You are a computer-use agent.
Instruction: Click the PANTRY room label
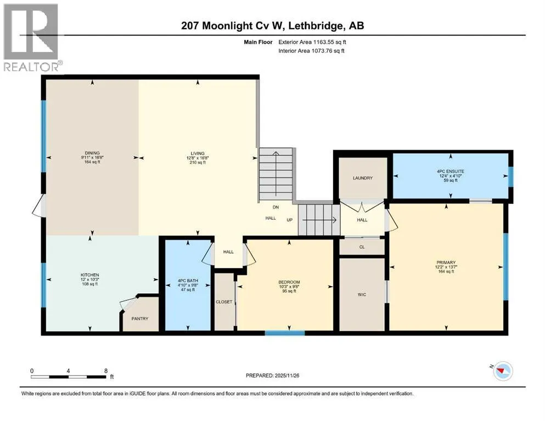coord(140,318)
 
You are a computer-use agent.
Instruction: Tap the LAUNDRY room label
coord(363,178)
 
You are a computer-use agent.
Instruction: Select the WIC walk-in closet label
coord(362,295)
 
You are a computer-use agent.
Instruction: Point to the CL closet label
coord(362,247)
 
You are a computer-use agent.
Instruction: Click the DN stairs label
coord(276,207)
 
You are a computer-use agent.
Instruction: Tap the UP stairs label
coord(290,220)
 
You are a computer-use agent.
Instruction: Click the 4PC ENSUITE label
coord(451,172)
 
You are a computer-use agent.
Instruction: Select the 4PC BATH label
coord(188,281)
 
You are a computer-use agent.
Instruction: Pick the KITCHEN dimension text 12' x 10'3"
coord(89,280)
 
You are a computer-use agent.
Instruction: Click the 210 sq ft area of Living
coord(198,162)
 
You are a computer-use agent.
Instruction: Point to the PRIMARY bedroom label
coord(446,263)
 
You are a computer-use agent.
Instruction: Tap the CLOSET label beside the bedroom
coord(224,302)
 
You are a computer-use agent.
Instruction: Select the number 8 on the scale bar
coord(106,371)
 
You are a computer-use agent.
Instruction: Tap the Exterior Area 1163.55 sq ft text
coord(312,42)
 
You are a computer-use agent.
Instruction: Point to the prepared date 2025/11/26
coord(286,376)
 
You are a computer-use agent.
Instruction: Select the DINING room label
coord(92,153)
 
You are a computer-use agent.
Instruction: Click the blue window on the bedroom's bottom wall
coord(285,333)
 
